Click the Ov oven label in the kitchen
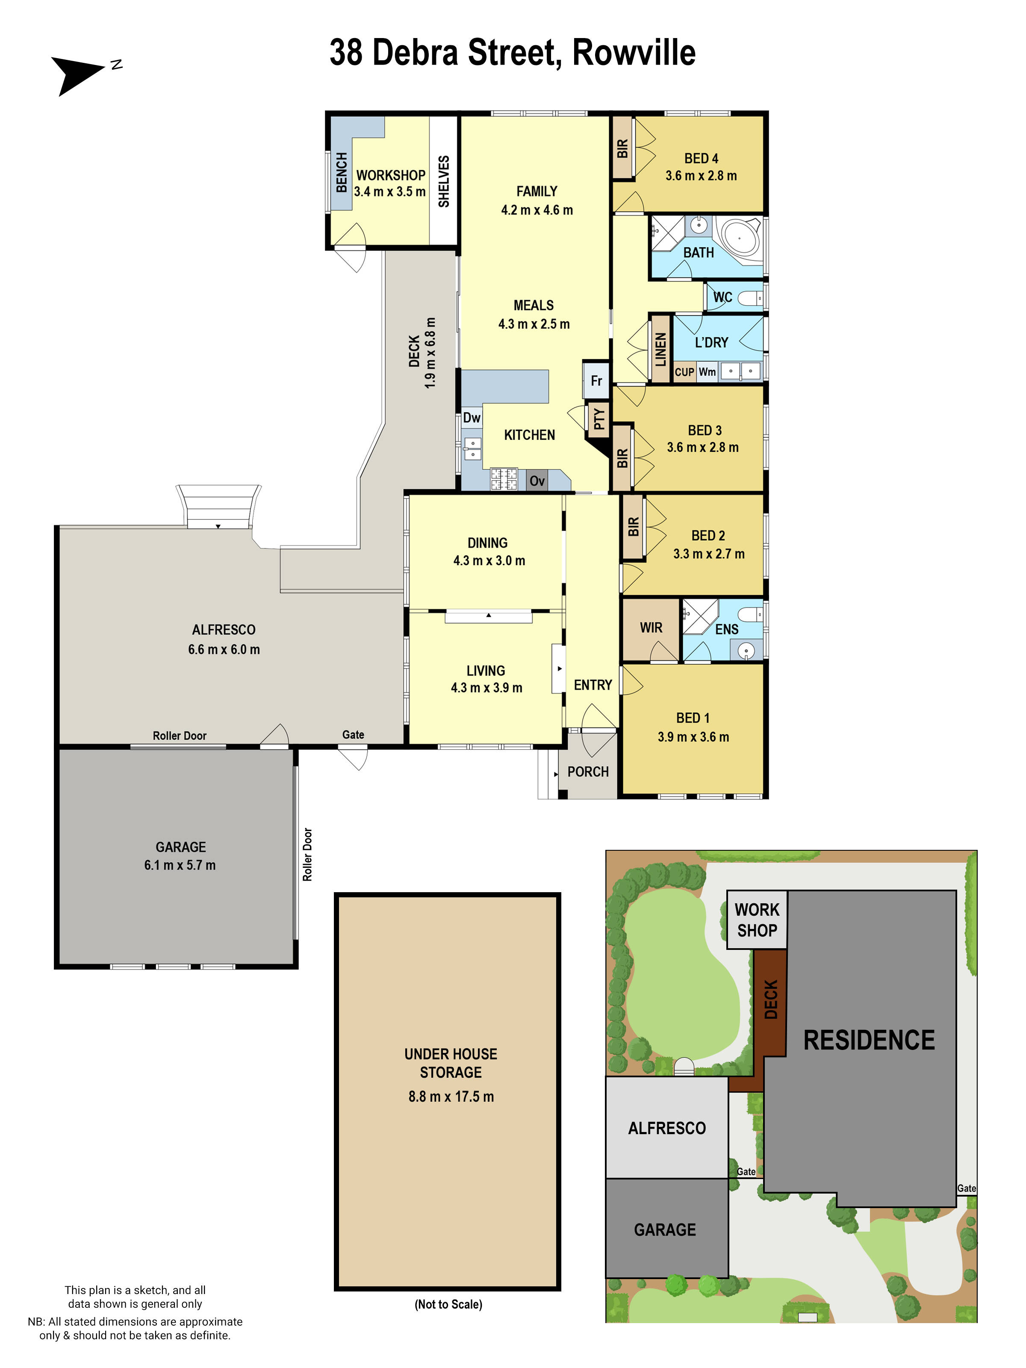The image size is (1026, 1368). (x=537, y=481)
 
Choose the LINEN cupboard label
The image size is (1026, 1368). (x=660, y=349)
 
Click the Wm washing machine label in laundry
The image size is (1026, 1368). (x=707, y=371)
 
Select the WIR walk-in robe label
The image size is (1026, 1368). (x=651, y=628)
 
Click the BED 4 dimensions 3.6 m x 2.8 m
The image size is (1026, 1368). (x=701, y=176)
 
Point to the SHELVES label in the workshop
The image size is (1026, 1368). (x=443, y=181)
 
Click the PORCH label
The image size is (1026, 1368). (x=587, y=772)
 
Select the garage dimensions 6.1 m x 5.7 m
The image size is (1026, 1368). (x=180, y=865)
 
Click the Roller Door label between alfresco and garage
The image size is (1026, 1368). (x=180, y=735)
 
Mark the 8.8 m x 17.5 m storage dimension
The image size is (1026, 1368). (x=451, y=1097)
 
